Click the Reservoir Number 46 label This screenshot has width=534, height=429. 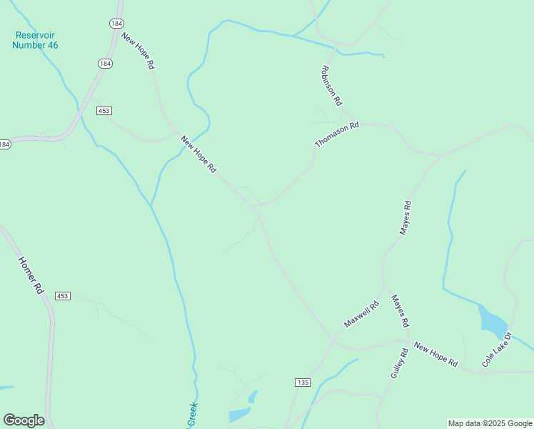pyautogui.click(x=35, y=40)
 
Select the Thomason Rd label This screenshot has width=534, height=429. pyautogui.click(x=337, y=134)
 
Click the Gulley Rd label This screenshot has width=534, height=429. pyautogui.click(x=399, y=363)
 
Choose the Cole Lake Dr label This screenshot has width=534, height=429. pyautogui.click(x=497, y=350)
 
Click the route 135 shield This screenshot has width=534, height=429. pyautogui.click(x=302, y=383)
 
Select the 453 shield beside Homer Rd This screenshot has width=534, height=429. pyautogui.click(x=63, y=296)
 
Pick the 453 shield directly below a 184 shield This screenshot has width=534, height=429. pyautogui.click(x=104, y=110)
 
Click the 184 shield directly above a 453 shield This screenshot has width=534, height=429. pyautogui.click(x=105, y=64)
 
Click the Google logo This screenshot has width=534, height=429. pyautogui.click(x=24, y=420)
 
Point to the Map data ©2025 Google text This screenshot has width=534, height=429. pyautogui.click(x=490, y=423)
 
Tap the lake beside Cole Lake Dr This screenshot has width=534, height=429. pyautogui.click(x=492, y=322)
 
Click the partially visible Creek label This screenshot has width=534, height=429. pyautogui.click(x=192, y=415)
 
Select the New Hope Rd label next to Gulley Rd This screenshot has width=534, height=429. pyautogui.click(x=435, y=355)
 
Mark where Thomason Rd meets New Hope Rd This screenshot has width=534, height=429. pyautogui.click(x=255, y=207)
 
